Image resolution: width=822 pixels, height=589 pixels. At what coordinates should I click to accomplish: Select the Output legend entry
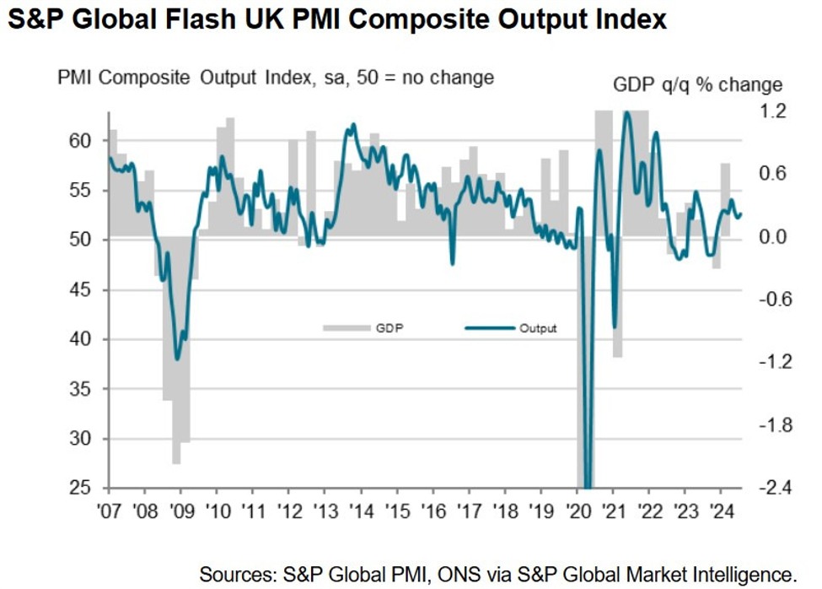point(537,327)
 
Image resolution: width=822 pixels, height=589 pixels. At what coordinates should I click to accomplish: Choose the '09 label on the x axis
point(180,511)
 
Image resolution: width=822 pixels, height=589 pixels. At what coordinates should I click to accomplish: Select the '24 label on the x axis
point(721,511)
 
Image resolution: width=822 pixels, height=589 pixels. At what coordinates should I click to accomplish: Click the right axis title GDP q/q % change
point(697,84)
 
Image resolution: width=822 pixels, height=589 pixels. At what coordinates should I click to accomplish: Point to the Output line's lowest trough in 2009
point(176,359)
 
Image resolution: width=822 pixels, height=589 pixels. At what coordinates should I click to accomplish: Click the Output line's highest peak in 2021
point(626,113)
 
